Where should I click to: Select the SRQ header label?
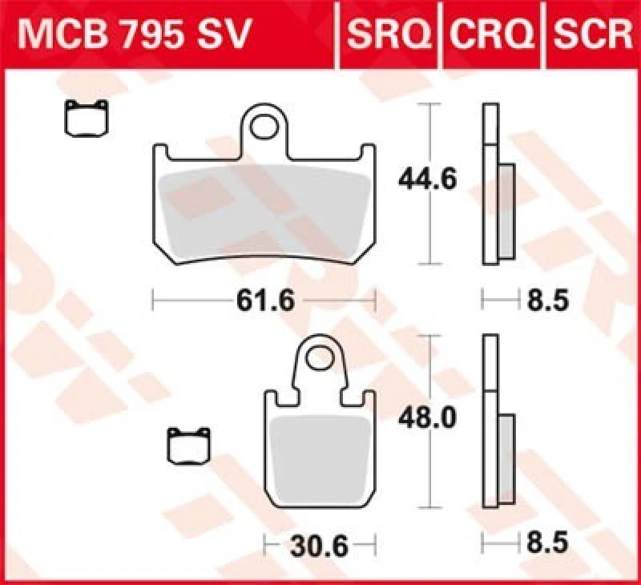click(389, 34)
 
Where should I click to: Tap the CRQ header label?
click(491, 34)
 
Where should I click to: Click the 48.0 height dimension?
click(427, 419)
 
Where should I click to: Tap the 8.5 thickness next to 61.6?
click(547, 301)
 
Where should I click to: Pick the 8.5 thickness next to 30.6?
click(547, 543)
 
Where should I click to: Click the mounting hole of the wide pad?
click(264, 127)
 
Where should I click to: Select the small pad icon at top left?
click(87, 119)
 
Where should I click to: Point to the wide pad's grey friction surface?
click(264, 212)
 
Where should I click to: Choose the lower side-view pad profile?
click(495, 422)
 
